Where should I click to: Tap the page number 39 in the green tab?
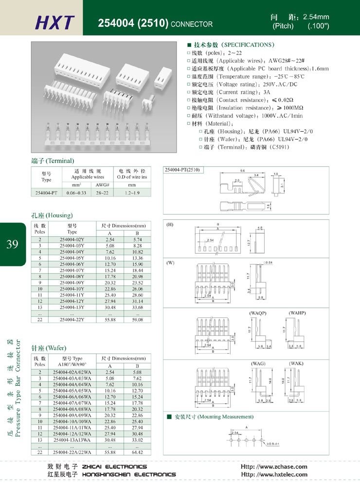tap(13, 244)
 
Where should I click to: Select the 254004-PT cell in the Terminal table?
tap(47, 193)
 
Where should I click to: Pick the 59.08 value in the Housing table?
tap(134, 320)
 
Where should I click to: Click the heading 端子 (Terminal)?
tap(53, 161)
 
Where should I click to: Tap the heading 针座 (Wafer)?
tap(49, 348)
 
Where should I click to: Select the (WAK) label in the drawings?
tap(297, 364)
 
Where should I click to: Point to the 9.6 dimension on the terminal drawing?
tap(242, 170)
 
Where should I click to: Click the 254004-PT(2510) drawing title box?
tap(185, 170)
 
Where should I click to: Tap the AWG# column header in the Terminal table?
tap(101, 185)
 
